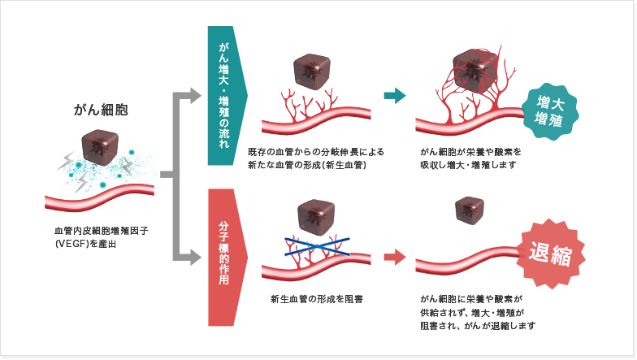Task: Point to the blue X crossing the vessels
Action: point(318,247)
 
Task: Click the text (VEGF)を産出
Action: point(85,245)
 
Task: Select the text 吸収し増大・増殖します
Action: point(468,165)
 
